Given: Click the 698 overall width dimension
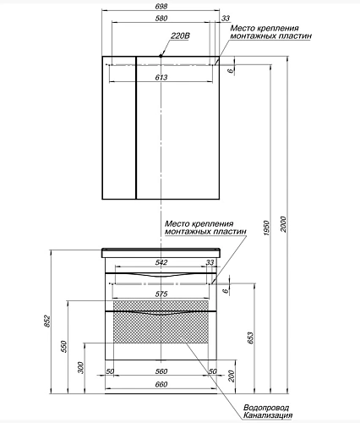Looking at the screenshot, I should (x=160, y=7).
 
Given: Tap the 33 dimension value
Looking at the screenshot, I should (x=226, y=19).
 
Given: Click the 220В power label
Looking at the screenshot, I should (x=180, y=36).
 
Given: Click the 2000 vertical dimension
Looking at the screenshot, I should (x=285, y=222).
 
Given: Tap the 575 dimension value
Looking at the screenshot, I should (x=161, y=293).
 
